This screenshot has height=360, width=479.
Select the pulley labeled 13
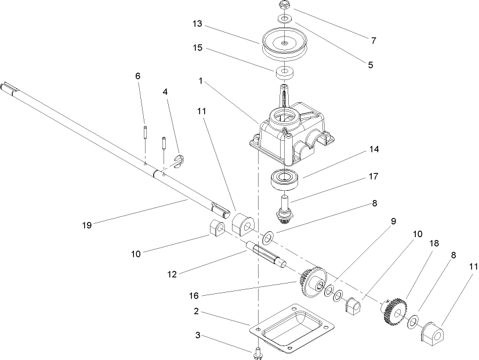click(x=284, y=45)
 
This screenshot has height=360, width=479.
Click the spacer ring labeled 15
click(x=284, y=74)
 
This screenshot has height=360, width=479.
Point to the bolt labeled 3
click(x=257, y=352)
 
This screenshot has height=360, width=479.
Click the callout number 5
click(x=371, y=66)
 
